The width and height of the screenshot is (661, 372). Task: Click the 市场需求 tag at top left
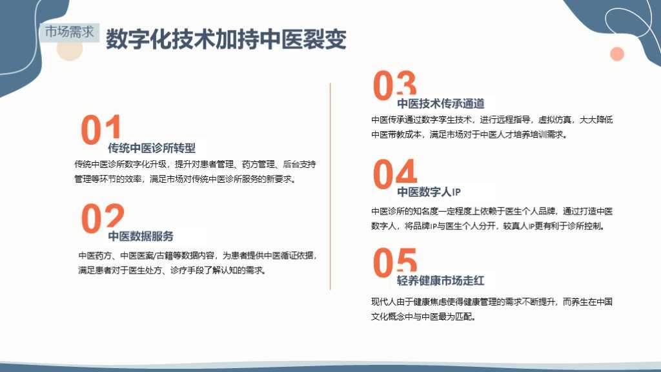point(70,32)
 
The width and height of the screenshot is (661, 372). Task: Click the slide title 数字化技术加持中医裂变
point(226,39)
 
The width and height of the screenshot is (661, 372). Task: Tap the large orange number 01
point(101,129)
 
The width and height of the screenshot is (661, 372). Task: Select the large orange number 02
point(103,218)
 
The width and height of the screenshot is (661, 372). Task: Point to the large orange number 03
point(394,85)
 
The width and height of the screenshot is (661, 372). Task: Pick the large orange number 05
point(395,262)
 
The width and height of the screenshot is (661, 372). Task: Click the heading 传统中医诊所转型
point(152,148)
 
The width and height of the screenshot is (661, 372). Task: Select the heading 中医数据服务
point(141,236)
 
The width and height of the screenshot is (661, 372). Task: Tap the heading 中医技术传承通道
point(441,103)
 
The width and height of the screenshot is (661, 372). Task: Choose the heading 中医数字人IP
point(429,192)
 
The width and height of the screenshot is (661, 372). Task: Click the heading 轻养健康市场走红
point(440,280)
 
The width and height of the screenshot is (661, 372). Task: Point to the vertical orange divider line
point(330,187)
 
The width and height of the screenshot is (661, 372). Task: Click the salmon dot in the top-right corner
point(617,54)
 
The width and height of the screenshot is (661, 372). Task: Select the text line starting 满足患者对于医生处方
point(172,271)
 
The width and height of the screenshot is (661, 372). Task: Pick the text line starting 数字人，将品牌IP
point(489,226)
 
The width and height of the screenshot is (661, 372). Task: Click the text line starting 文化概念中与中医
point(424,316)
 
